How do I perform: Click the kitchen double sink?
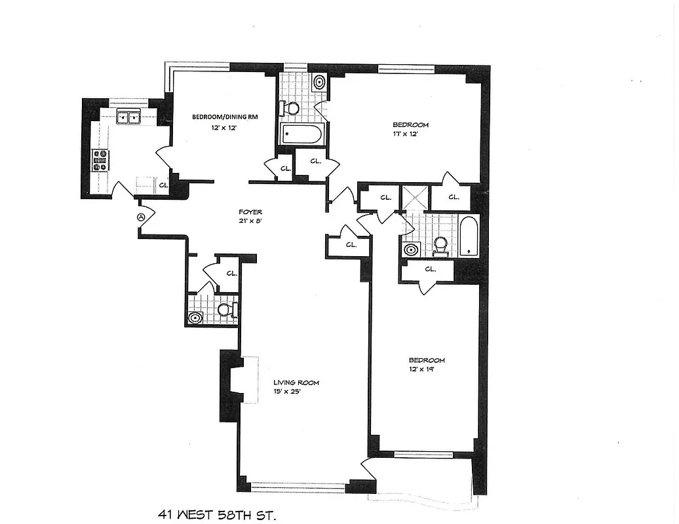128,118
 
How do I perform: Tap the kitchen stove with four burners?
100,160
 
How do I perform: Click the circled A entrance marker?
140,217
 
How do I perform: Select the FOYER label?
250,212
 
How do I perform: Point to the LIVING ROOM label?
296,383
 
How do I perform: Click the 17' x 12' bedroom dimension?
405,134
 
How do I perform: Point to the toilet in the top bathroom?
290,107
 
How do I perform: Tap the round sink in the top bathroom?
319,83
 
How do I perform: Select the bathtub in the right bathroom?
467,236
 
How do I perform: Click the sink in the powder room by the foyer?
195,318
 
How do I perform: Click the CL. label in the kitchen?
163,185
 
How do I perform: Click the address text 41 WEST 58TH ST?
217,515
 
